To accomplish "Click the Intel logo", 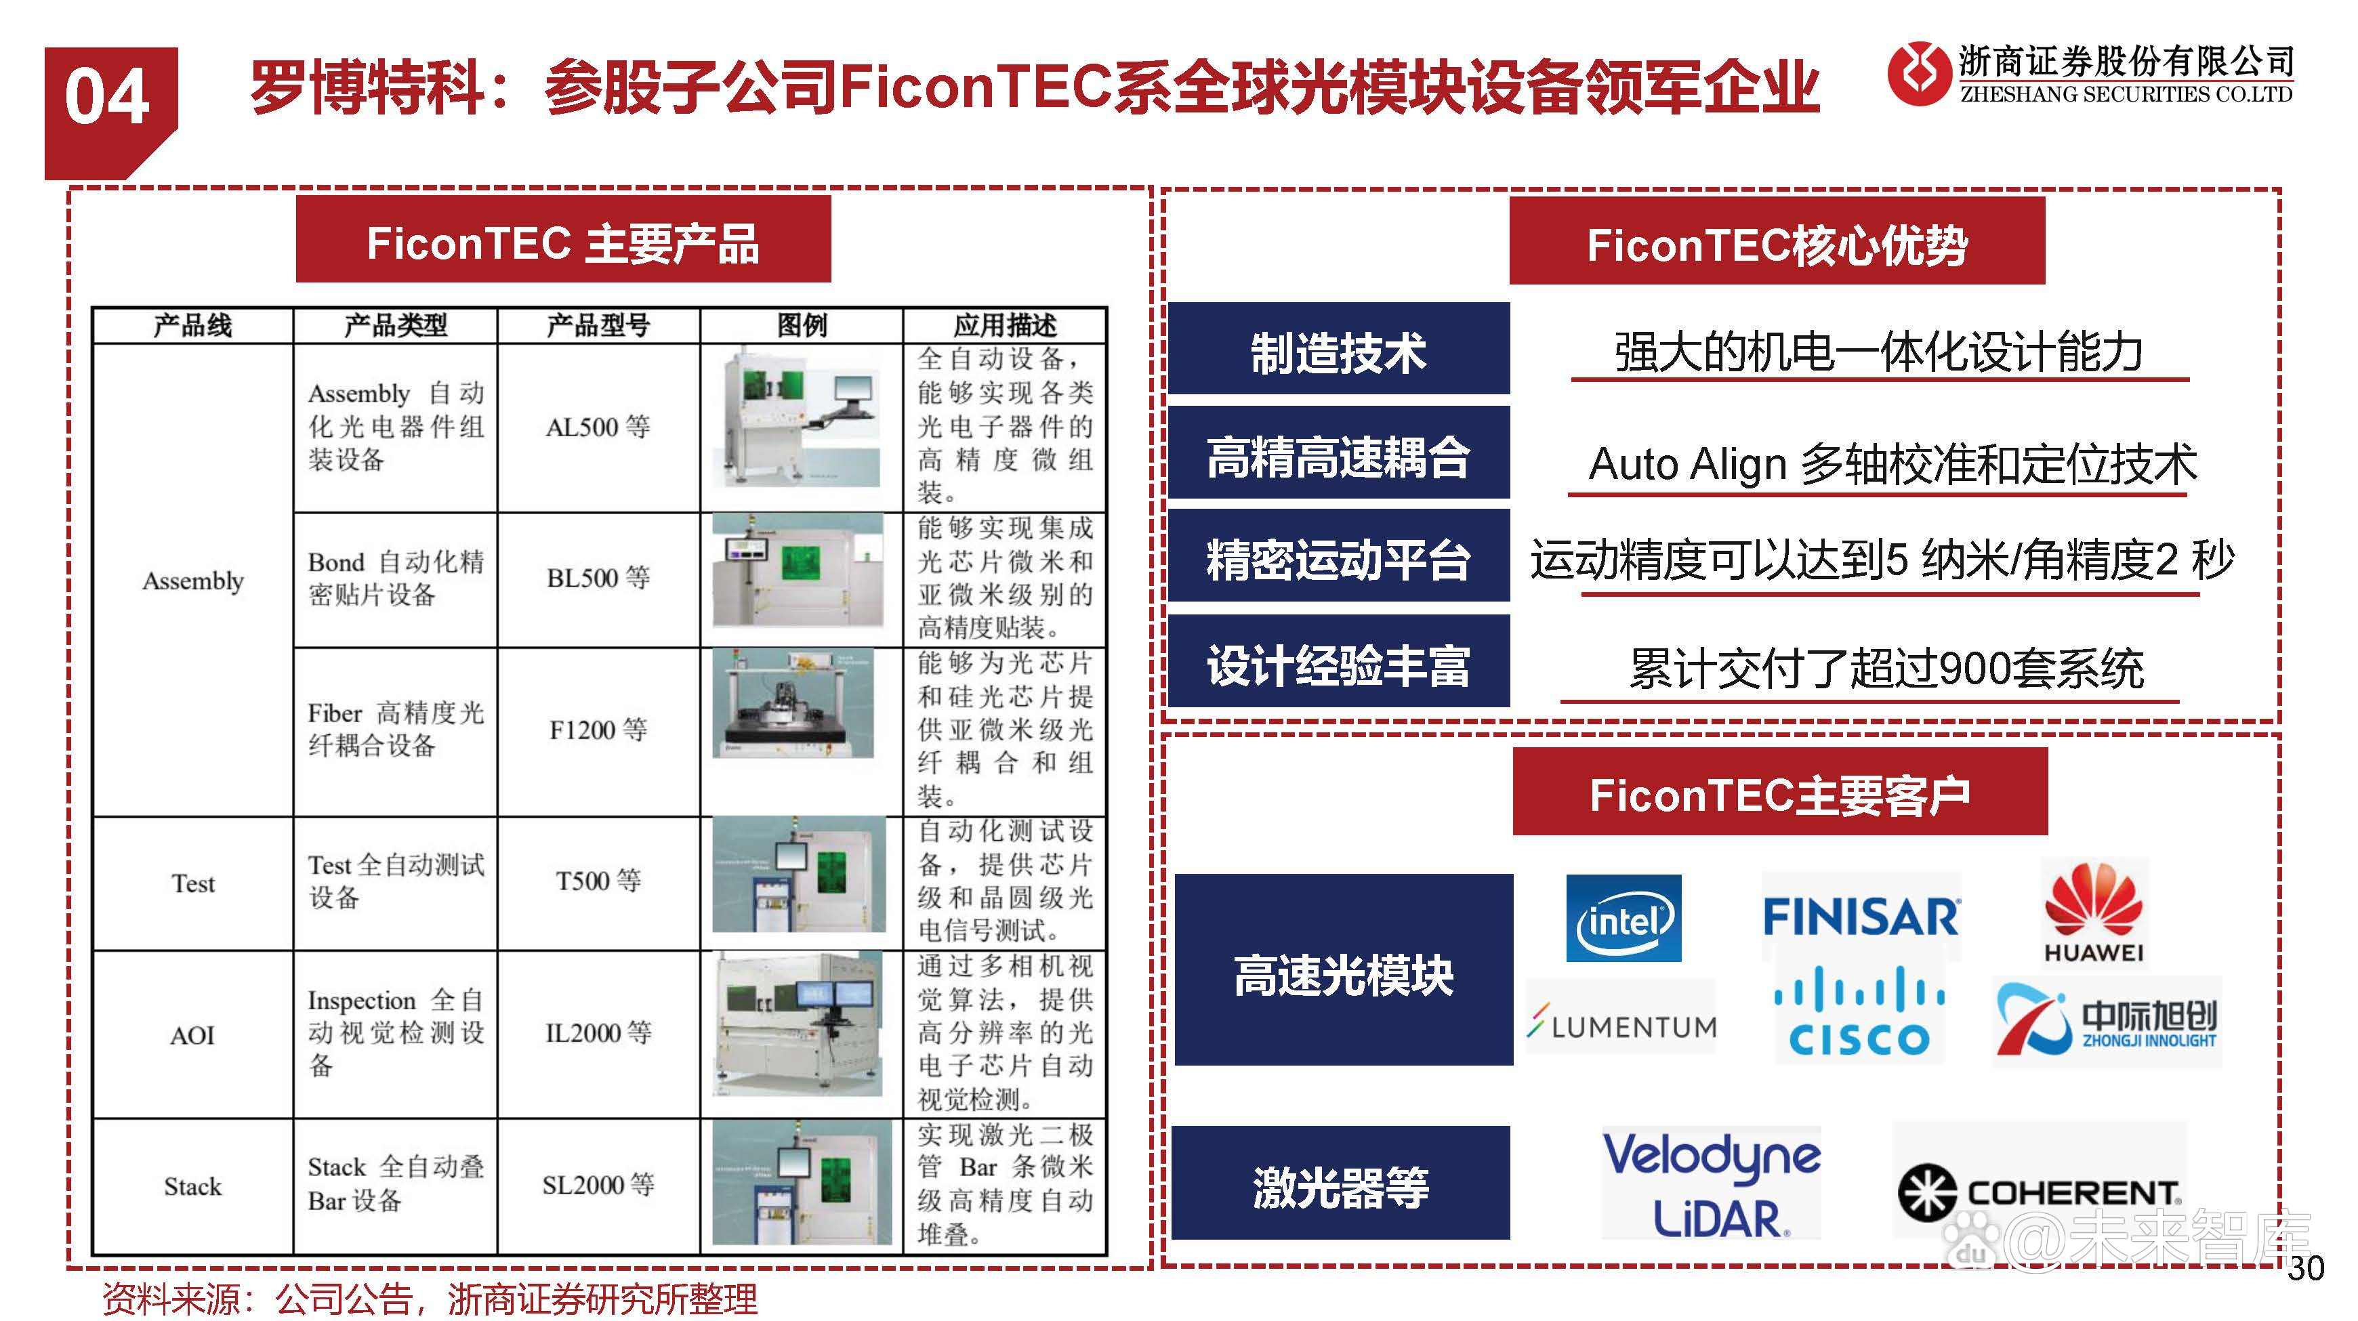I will (x=1623, y=918).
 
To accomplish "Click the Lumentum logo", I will (x=1621, y=1026).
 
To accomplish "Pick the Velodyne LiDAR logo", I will (x=1711, y=1183).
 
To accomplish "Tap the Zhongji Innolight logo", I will (x=2106, y=1022).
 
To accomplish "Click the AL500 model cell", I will (x=598, y=427).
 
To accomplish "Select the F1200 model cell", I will (x=598, y=730).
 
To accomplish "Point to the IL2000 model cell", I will (x=598, y=1032).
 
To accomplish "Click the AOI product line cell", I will (x=192, y=1034).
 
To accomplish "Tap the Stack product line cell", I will (x=192, y=1186).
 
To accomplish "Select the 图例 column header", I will (x=801, y=325).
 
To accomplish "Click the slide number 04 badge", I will (x=108, y=99).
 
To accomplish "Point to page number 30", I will (x=2305, y=1268).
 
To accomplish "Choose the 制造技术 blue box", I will (x=1338, y=351).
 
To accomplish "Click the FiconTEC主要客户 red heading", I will (x=1779, y=793).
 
